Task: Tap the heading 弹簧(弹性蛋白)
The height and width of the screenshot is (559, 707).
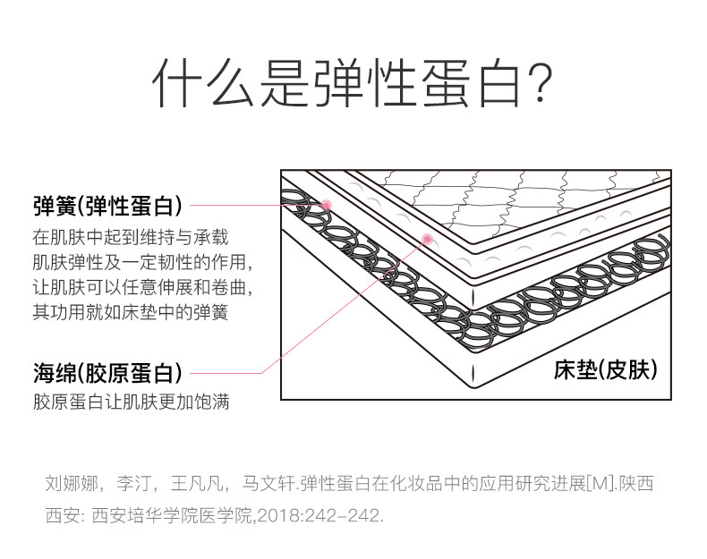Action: (x=107, y=207)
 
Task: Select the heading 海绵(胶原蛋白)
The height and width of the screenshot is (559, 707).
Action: (x=107, y=372)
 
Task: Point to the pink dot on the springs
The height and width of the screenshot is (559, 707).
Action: (x=327, y=206)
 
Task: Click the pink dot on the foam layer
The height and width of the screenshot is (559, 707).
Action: (x=427, y=239)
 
